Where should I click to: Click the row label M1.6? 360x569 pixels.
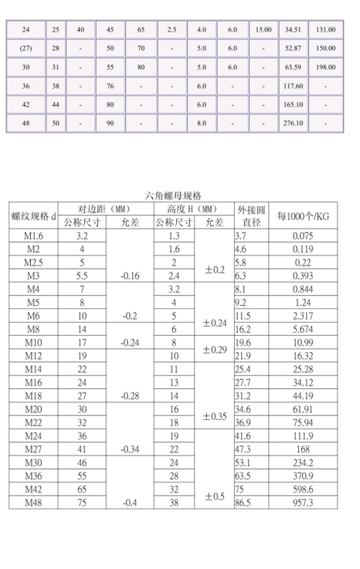click(35, 236)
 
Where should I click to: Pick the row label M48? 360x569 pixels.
click(35, 502)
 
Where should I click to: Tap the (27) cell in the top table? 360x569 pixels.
click(26, 48)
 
